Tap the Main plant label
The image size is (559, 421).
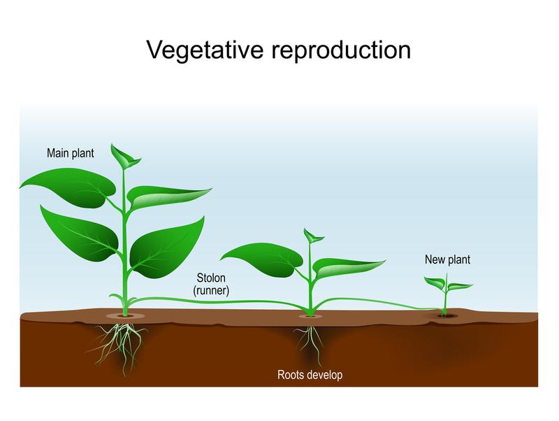[71, 152]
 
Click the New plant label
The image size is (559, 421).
[447, 260]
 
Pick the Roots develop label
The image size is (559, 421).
[310, 376]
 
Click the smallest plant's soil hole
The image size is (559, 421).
[445, 316]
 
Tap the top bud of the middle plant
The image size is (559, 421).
[312, 236]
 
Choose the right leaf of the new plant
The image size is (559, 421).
[458, 285]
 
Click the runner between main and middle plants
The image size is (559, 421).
[210, 301]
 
